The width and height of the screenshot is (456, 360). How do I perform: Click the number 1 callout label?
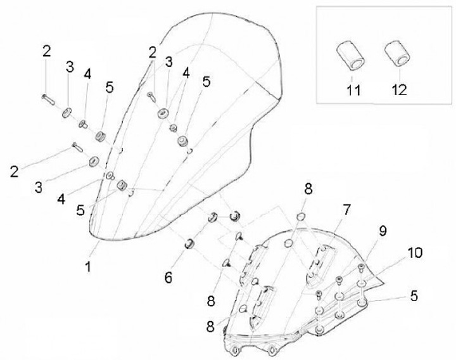pyautogui.click(x=88, y=267)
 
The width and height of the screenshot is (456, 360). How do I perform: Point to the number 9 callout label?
pyautogui.click(x=383, y=233)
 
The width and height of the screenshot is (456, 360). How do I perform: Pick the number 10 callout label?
pyautogui.click(x=415, y=254)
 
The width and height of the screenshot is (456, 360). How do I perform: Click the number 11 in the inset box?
pyautogui.click(x=353, y=89)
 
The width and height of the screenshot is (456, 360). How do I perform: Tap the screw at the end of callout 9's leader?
pyautogui.click(x=361, y=266)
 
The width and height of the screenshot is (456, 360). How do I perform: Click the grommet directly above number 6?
pyautogui.click(x=189, y=244)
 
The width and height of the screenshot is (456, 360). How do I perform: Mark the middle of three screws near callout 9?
pyautogui.click(x=338, y=280)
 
